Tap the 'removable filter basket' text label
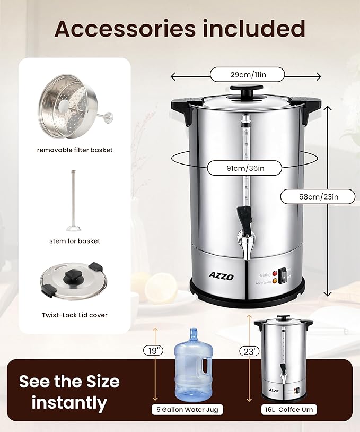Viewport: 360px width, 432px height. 75,150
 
